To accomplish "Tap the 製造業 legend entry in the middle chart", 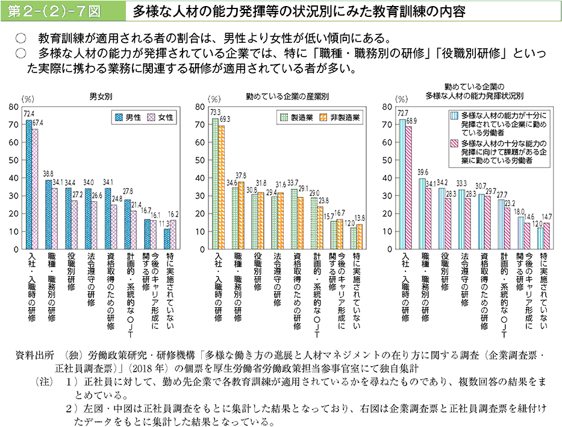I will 297,118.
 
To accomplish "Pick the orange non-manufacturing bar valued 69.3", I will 222,187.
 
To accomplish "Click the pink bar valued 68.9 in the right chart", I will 409,188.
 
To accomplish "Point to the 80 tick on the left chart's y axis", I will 13,107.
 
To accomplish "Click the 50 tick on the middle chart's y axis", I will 201,160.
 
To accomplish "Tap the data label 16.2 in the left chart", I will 173,213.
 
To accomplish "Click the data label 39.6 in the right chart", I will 422,172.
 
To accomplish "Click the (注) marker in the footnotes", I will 45,382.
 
